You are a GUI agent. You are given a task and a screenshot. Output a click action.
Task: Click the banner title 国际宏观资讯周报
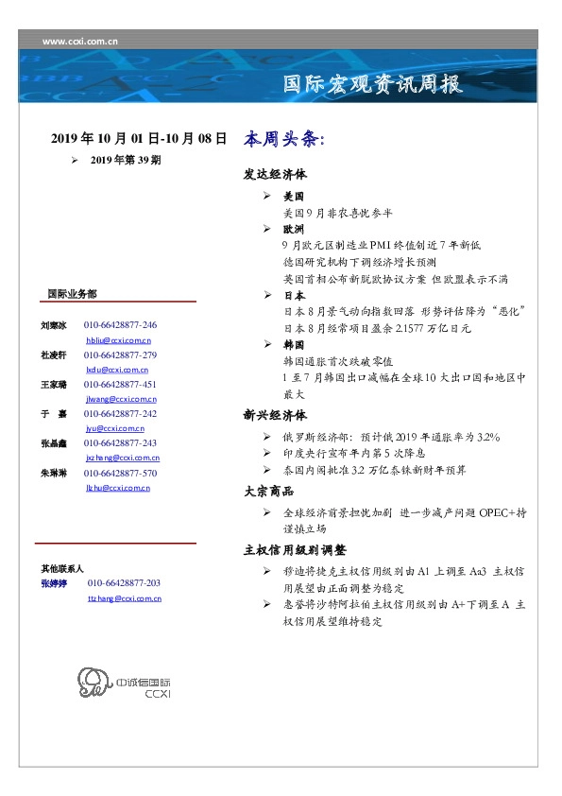click(373, 84)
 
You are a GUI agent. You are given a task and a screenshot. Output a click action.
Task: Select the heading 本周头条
click(283, 138)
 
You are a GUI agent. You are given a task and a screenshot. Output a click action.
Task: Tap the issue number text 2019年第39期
click(126, 160)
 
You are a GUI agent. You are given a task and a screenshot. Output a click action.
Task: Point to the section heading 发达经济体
click(275, 176)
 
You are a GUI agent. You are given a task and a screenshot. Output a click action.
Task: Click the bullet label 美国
click(293, 198)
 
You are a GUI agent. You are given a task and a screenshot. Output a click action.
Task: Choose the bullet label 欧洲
click(293, 230)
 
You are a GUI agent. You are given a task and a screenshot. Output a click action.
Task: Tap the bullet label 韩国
click(293, 345)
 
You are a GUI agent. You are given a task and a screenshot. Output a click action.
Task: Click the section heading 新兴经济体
click(275, 414)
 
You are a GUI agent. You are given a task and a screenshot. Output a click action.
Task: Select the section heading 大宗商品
click(268, 491)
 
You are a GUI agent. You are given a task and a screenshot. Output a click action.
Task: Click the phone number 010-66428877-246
click(120, 325)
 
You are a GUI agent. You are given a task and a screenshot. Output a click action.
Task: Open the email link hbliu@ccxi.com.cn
click(118, 339)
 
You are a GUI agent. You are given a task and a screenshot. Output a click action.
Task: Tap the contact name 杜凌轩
click(53, 355)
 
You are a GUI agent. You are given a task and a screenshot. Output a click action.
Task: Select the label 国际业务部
click(72, 293)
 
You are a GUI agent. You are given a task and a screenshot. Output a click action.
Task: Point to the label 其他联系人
click(62, 569)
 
